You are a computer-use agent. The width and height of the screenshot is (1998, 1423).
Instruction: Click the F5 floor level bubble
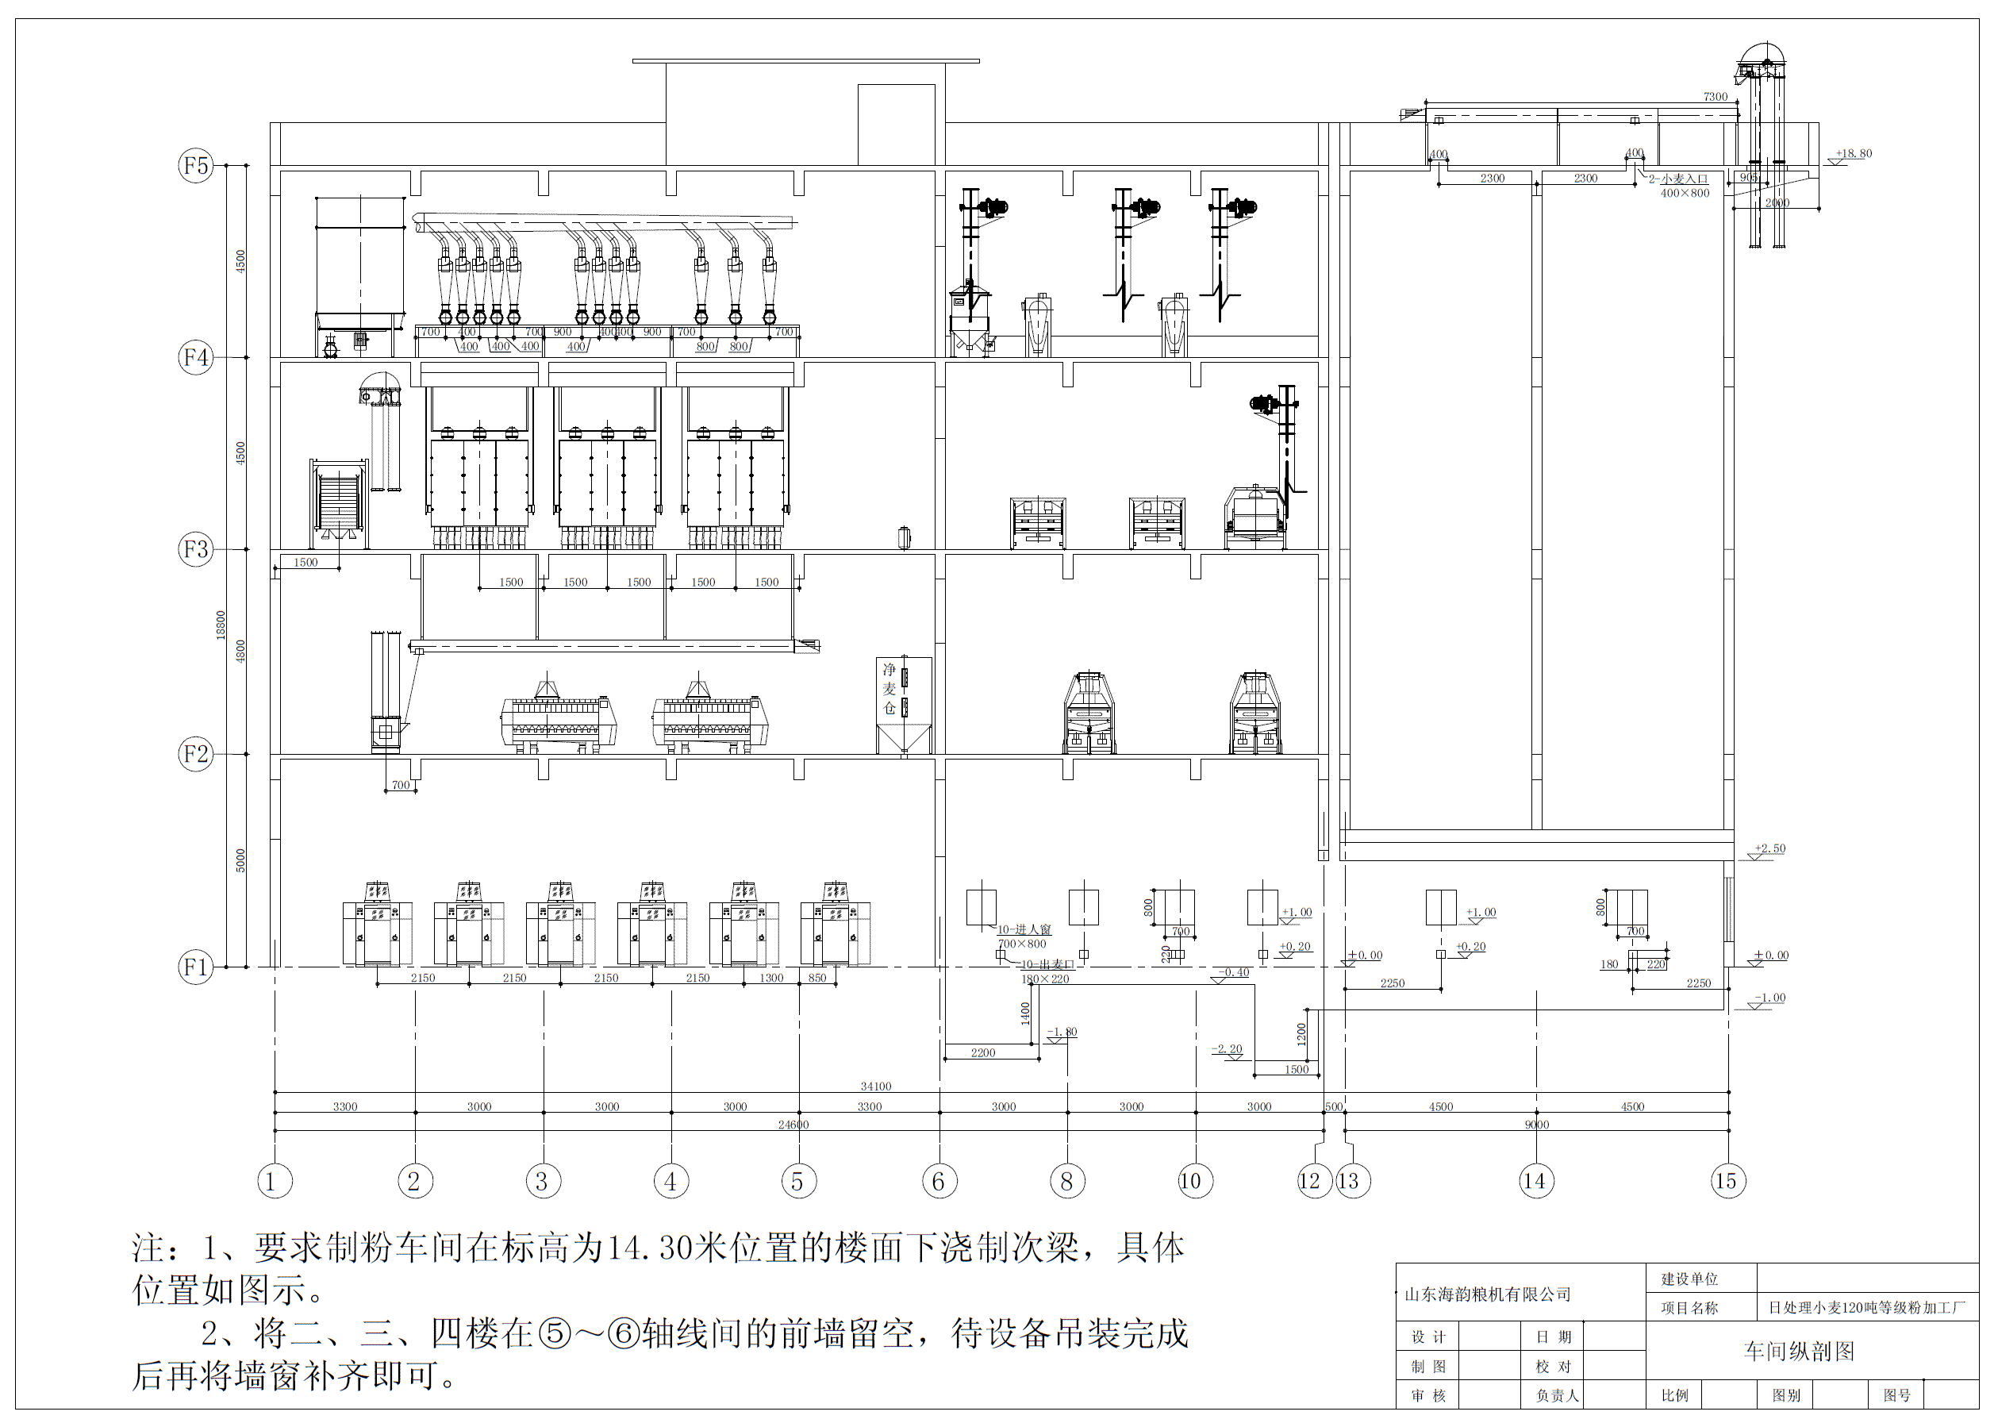click(195, 166)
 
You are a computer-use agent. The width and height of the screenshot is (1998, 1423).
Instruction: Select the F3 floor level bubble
click(195, 549)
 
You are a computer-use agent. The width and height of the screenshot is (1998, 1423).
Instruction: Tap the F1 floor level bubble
click(195, 967)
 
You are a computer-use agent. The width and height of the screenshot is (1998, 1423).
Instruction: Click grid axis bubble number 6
click(939, 1181)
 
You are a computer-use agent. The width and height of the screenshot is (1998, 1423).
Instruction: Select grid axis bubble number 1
click(275, 1181)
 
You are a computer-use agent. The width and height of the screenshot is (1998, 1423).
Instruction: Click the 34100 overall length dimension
click(875, 1086)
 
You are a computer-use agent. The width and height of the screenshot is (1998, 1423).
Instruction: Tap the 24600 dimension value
click(793, 1125)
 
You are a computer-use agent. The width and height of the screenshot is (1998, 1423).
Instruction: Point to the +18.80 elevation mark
click(1854, 153)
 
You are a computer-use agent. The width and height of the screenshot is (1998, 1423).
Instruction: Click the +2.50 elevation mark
click(1769, 848)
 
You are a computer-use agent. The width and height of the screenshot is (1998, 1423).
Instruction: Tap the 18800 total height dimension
click(221, 625)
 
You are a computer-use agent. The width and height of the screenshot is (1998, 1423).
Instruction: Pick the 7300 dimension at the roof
click(1715, 98)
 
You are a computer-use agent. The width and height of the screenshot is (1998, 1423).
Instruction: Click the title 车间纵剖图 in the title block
click(1799, 1351)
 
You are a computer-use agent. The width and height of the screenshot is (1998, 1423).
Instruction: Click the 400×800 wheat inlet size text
click(1685, 194)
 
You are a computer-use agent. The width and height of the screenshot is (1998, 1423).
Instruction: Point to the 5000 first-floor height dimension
click(241, 860)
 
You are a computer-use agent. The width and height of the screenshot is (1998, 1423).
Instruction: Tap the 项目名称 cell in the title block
click(1689, 1308)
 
